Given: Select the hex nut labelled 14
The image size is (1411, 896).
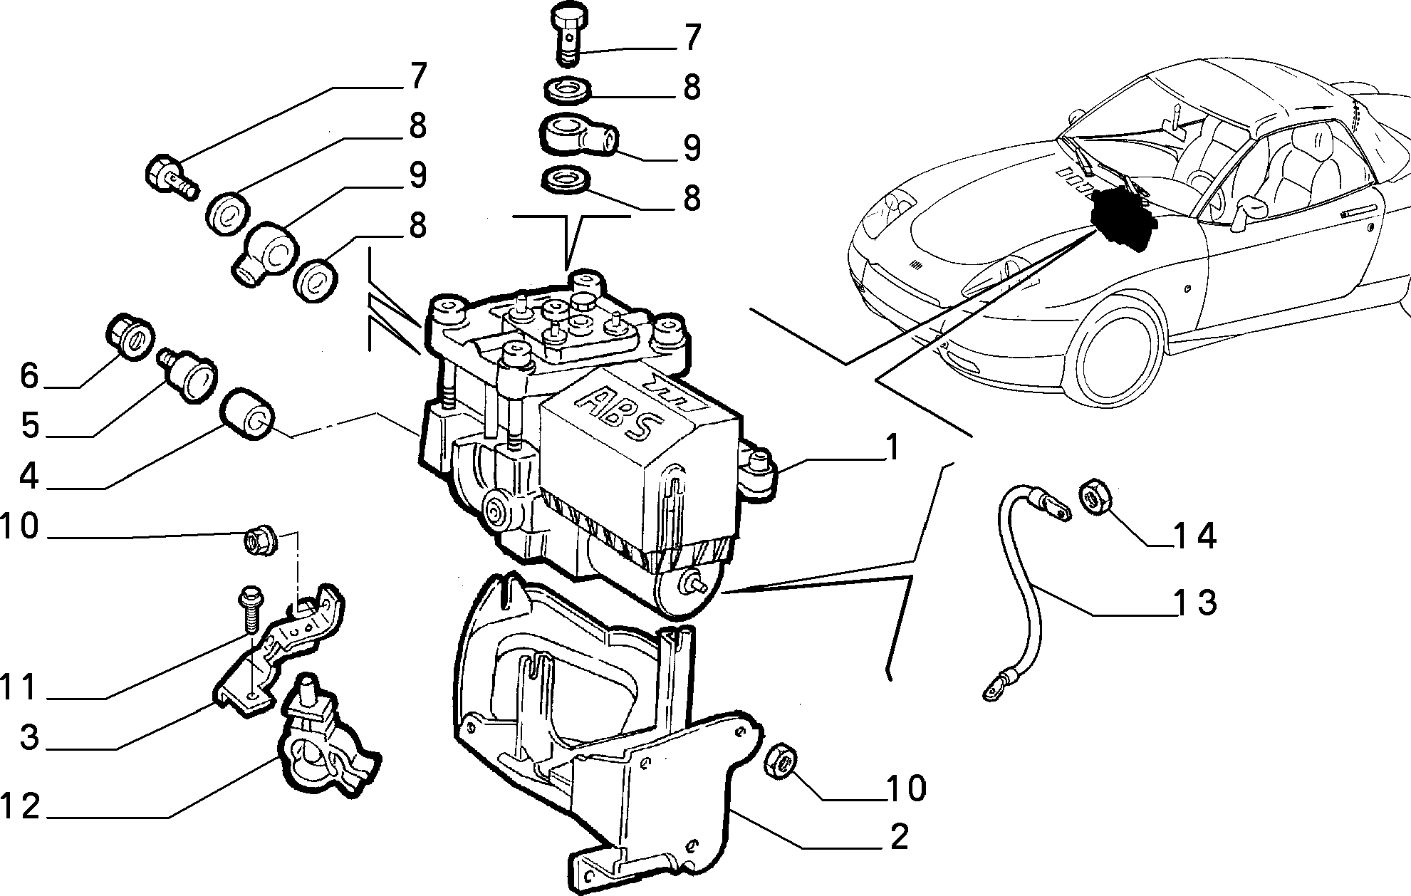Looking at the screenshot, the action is point(1097,496).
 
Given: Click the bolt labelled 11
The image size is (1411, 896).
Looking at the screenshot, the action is point(250,608).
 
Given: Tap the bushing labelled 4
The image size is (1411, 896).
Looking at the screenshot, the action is point(246,414).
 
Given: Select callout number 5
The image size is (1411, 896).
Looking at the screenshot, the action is point(28,424).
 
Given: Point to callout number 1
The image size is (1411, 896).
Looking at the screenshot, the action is point(890,449).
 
